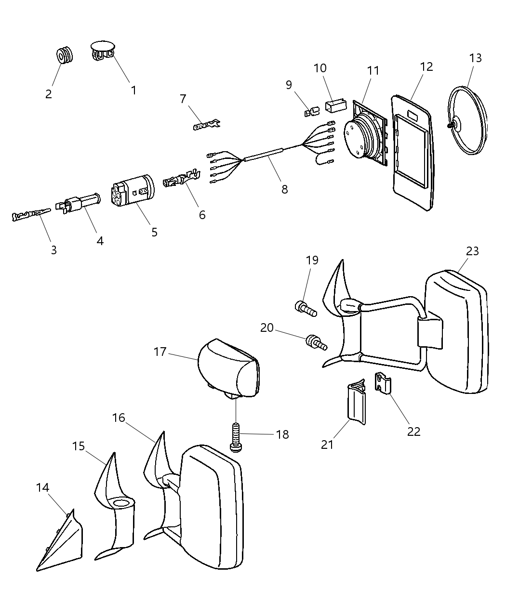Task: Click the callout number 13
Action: tap(475, 58)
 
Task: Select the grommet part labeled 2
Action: tap(65, 55)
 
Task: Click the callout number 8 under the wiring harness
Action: tap(285, 189)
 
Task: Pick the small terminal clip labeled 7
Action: tap(206, 126)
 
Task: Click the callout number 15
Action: tap(79, 446)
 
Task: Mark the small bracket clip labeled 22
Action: tap(383, 383)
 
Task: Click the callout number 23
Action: tap(472, 251)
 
